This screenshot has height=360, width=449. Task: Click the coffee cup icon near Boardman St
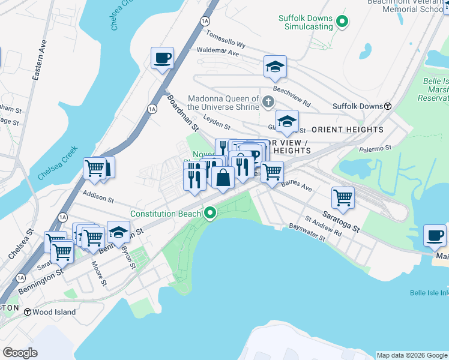pos(162,58)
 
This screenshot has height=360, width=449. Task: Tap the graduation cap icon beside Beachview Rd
pos(275,67)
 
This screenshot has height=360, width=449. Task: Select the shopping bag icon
pos(223,178)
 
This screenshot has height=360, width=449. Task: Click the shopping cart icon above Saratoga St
pos(343,197)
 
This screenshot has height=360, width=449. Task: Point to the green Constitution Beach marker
pos(210,214)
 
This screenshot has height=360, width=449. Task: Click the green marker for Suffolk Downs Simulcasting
pos(342,23)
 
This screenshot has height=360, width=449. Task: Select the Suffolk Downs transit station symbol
pos(388,106)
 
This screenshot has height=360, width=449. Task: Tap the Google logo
pos(20,353)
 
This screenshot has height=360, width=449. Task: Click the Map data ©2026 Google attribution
pos(411,355)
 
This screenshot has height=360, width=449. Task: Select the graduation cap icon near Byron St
pos(119,232)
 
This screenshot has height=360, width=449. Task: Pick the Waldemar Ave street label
pos(218,53)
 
